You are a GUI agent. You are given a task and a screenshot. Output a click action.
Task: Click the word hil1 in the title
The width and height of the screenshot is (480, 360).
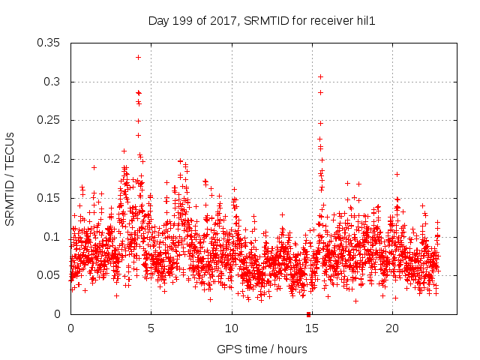coord(365,22)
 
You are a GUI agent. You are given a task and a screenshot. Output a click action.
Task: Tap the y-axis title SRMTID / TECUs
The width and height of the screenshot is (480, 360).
coord(10,178)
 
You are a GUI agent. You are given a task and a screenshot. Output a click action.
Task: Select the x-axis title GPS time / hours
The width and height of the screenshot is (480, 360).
coord(261,349)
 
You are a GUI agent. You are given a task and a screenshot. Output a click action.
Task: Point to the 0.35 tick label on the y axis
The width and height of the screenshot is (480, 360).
coord(49,43)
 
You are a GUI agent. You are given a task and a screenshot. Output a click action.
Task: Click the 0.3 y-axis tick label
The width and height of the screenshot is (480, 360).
coord(52,82)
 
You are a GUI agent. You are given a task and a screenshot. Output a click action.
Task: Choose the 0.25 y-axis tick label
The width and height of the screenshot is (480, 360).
coord(49,120)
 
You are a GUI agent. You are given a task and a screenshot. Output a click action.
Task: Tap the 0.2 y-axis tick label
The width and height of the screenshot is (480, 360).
coord(52,159)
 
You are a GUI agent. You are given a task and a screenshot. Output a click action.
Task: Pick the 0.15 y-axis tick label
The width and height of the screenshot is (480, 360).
coord(49,198)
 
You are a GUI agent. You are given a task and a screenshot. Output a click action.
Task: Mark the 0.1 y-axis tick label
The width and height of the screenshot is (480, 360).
coord(52,237)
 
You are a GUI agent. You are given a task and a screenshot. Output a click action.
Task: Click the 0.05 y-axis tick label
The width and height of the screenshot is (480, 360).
coord(49,275)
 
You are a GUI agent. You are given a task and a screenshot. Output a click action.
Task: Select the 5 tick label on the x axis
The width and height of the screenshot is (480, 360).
coord(151,328)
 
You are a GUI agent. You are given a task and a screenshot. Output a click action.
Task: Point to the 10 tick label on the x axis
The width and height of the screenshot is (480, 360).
coord(232,328)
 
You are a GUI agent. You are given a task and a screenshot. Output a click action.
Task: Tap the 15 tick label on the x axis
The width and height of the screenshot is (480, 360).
coord(312,328)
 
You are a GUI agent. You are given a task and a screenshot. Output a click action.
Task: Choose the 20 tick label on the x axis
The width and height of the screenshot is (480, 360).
coord(393,328)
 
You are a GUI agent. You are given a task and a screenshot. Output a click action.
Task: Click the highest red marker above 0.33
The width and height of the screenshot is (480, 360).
coord(138,57)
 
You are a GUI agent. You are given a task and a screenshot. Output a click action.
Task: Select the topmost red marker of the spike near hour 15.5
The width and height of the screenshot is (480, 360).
coord(320,76)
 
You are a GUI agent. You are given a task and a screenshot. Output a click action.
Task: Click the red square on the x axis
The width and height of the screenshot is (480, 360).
coord(308,314)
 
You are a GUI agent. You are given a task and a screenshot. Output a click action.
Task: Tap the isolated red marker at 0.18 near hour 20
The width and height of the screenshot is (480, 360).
coord(397,174)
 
